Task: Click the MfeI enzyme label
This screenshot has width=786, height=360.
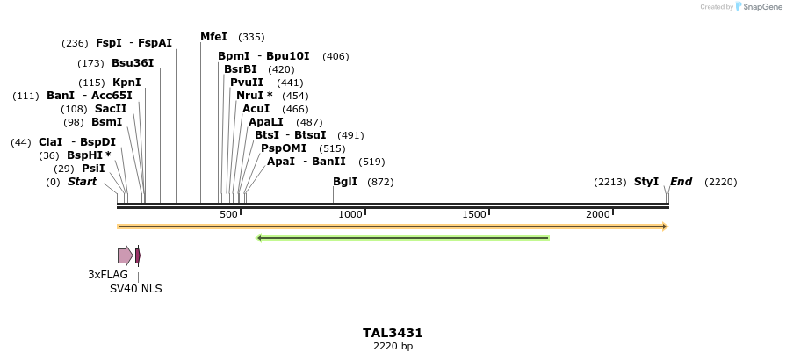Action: point(213,37)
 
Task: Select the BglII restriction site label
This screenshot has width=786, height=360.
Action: point(344,182)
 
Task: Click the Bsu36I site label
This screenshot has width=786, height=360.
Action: point(133,63)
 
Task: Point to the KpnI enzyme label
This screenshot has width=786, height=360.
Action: point(126,83)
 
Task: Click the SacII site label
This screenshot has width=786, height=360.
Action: point(111,109)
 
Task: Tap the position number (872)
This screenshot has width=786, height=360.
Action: point(380,182)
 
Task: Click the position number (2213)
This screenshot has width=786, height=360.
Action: point(609,182)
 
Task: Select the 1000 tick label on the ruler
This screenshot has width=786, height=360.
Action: point(350,214)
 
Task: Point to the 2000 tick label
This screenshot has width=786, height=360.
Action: point(598,214)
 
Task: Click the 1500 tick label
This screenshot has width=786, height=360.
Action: point(474,214)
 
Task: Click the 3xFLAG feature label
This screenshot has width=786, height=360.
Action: point(108,275)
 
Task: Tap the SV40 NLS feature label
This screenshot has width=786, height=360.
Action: point(135,289)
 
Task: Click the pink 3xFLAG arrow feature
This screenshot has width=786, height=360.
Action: point(125,256)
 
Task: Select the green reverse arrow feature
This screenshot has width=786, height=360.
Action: point(402,237)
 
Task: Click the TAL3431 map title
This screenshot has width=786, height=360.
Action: point(393,334)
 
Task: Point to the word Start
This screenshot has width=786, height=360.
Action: point(82,182)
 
